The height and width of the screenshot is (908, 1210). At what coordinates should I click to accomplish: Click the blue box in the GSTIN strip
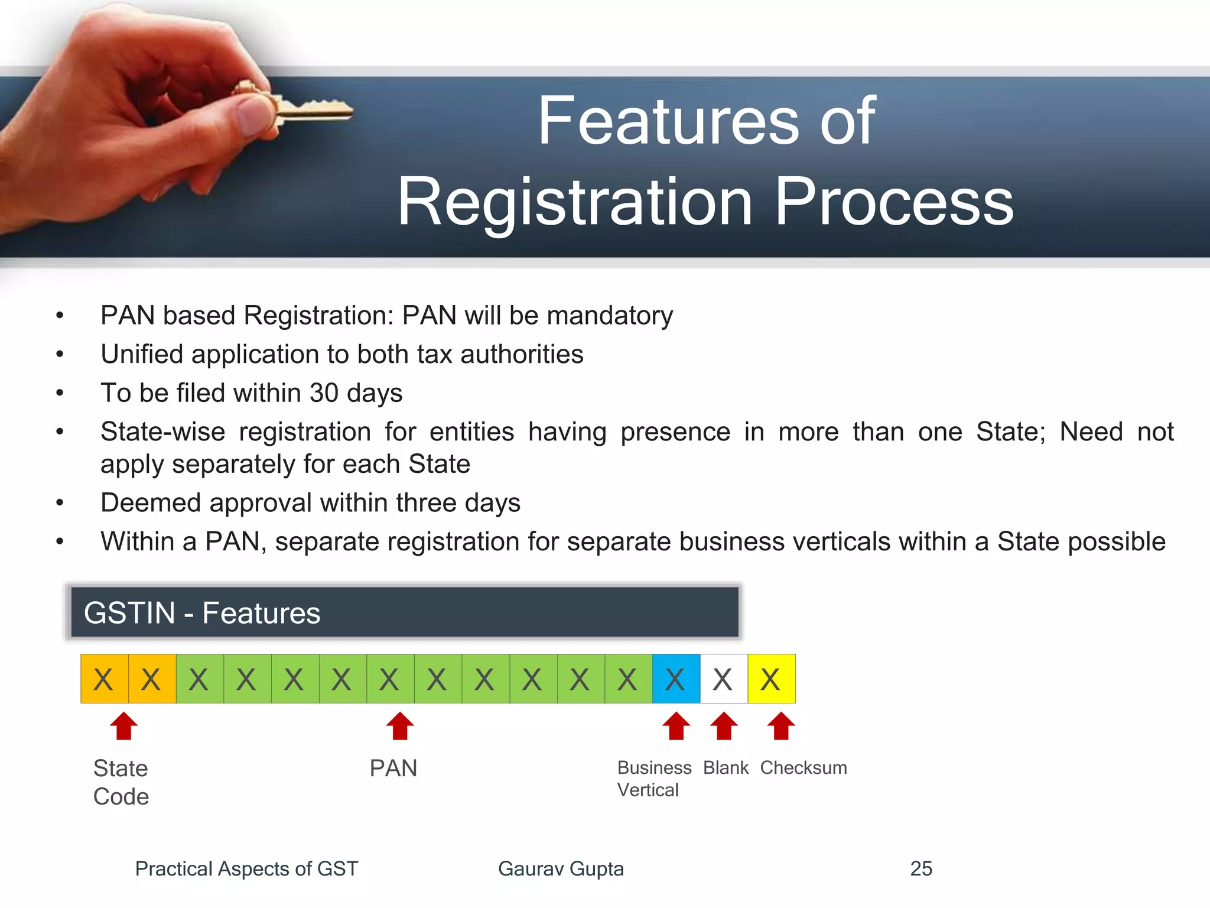[x=676, y=679]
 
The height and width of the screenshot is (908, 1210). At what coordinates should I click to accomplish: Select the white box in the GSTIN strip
[x=724, y=679]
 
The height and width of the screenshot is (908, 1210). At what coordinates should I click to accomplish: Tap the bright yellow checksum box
[x=771, y=679]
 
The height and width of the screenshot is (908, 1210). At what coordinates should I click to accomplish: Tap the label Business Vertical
[x=653, y=779]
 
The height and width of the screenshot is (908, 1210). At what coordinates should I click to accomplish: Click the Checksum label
[x=803, y=768]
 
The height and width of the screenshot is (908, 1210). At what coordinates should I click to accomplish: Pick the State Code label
[x=121, y=782]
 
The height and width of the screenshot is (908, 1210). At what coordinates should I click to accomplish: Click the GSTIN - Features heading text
[x=202, y=613]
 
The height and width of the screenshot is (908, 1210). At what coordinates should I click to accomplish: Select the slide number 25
[x=920, y=868]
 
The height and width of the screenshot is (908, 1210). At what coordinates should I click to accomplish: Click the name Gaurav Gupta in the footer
[x=561, y=868]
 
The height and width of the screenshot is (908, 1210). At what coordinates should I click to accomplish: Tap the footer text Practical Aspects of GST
[x=246, y=868]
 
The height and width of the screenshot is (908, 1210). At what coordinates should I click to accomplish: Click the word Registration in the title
[x=575, y=202]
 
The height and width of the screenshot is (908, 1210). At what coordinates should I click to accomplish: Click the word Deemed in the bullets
[x=150, y=503]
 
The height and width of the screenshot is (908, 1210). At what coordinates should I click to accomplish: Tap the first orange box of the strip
[x=105, y=679]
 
